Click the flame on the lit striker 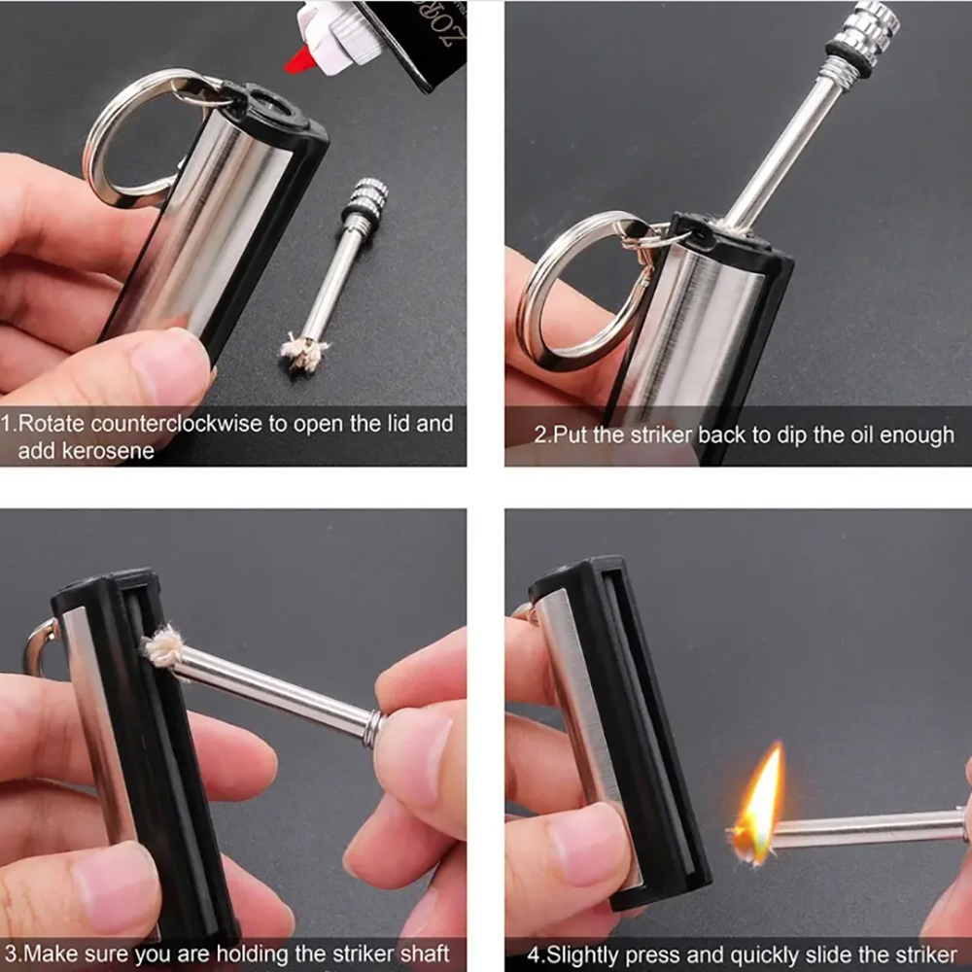click(760, 807)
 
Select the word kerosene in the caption click(86, 451)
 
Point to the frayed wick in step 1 click(304, 351)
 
